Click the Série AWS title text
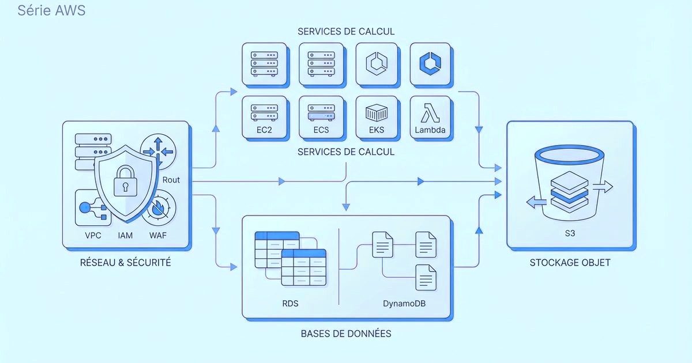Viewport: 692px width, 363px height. (51, 10)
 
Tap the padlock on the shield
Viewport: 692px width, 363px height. (125, 181)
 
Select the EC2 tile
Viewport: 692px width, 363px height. (264, 117)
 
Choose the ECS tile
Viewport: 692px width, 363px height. (321, 117)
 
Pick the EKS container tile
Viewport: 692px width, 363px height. (377, 117)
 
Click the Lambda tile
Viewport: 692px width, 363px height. (430, 117)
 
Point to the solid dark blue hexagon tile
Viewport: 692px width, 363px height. (430, 63)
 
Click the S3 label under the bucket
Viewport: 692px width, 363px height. (569, 235)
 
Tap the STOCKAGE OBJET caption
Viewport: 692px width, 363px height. (570, 263)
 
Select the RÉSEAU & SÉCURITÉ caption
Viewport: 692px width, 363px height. (125, 263)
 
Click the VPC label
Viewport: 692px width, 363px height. (93, 235)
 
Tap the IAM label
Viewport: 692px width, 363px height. (125, 235)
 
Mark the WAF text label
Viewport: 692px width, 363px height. (158, 235)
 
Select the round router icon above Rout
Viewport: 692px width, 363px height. (157, 151)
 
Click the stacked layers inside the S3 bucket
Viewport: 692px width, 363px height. (569, 191)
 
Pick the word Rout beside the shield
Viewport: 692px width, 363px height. (171, 180)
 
